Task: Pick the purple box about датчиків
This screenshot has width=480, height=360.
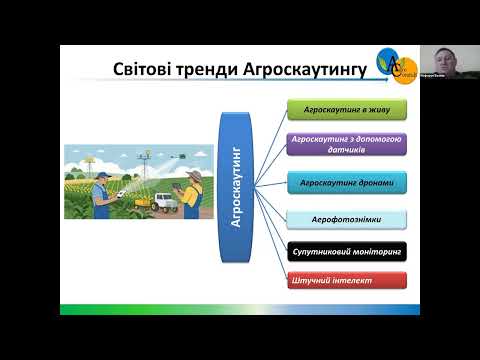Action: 346,144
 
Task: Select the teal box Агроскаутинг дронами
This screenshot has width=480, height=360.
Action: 346,183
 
